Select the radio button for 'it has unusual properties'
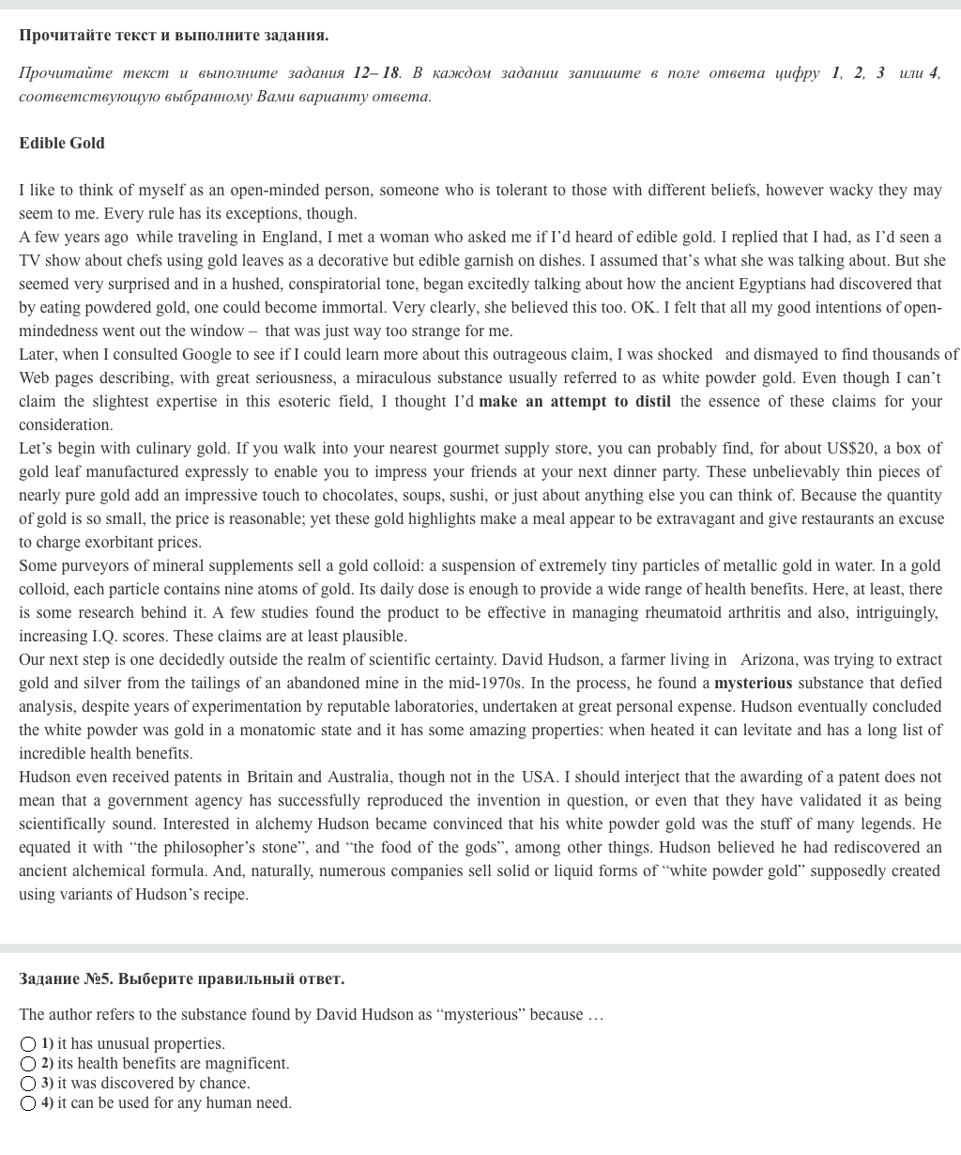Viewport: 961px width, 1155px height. [x=28, y=1044]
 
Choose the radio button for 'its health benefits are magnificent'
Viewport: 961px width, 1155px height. [x=28, y=1064]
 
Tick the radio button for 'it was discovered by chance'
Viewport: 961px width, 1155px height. [x=28, y=1084]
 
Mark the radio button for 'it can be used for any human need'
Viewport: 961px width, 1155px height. [x=28, y=1103]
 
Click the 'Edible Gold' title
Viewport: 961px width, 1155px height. [x=62, y=144]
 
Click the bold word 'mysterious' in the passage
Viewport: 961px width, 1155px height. [x=753, y=684]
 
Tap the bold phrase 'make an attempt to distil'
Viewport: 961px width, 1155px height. [x=574, y=402]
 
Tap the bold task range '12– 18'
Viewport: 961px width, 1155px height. [x=376, y=73]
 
